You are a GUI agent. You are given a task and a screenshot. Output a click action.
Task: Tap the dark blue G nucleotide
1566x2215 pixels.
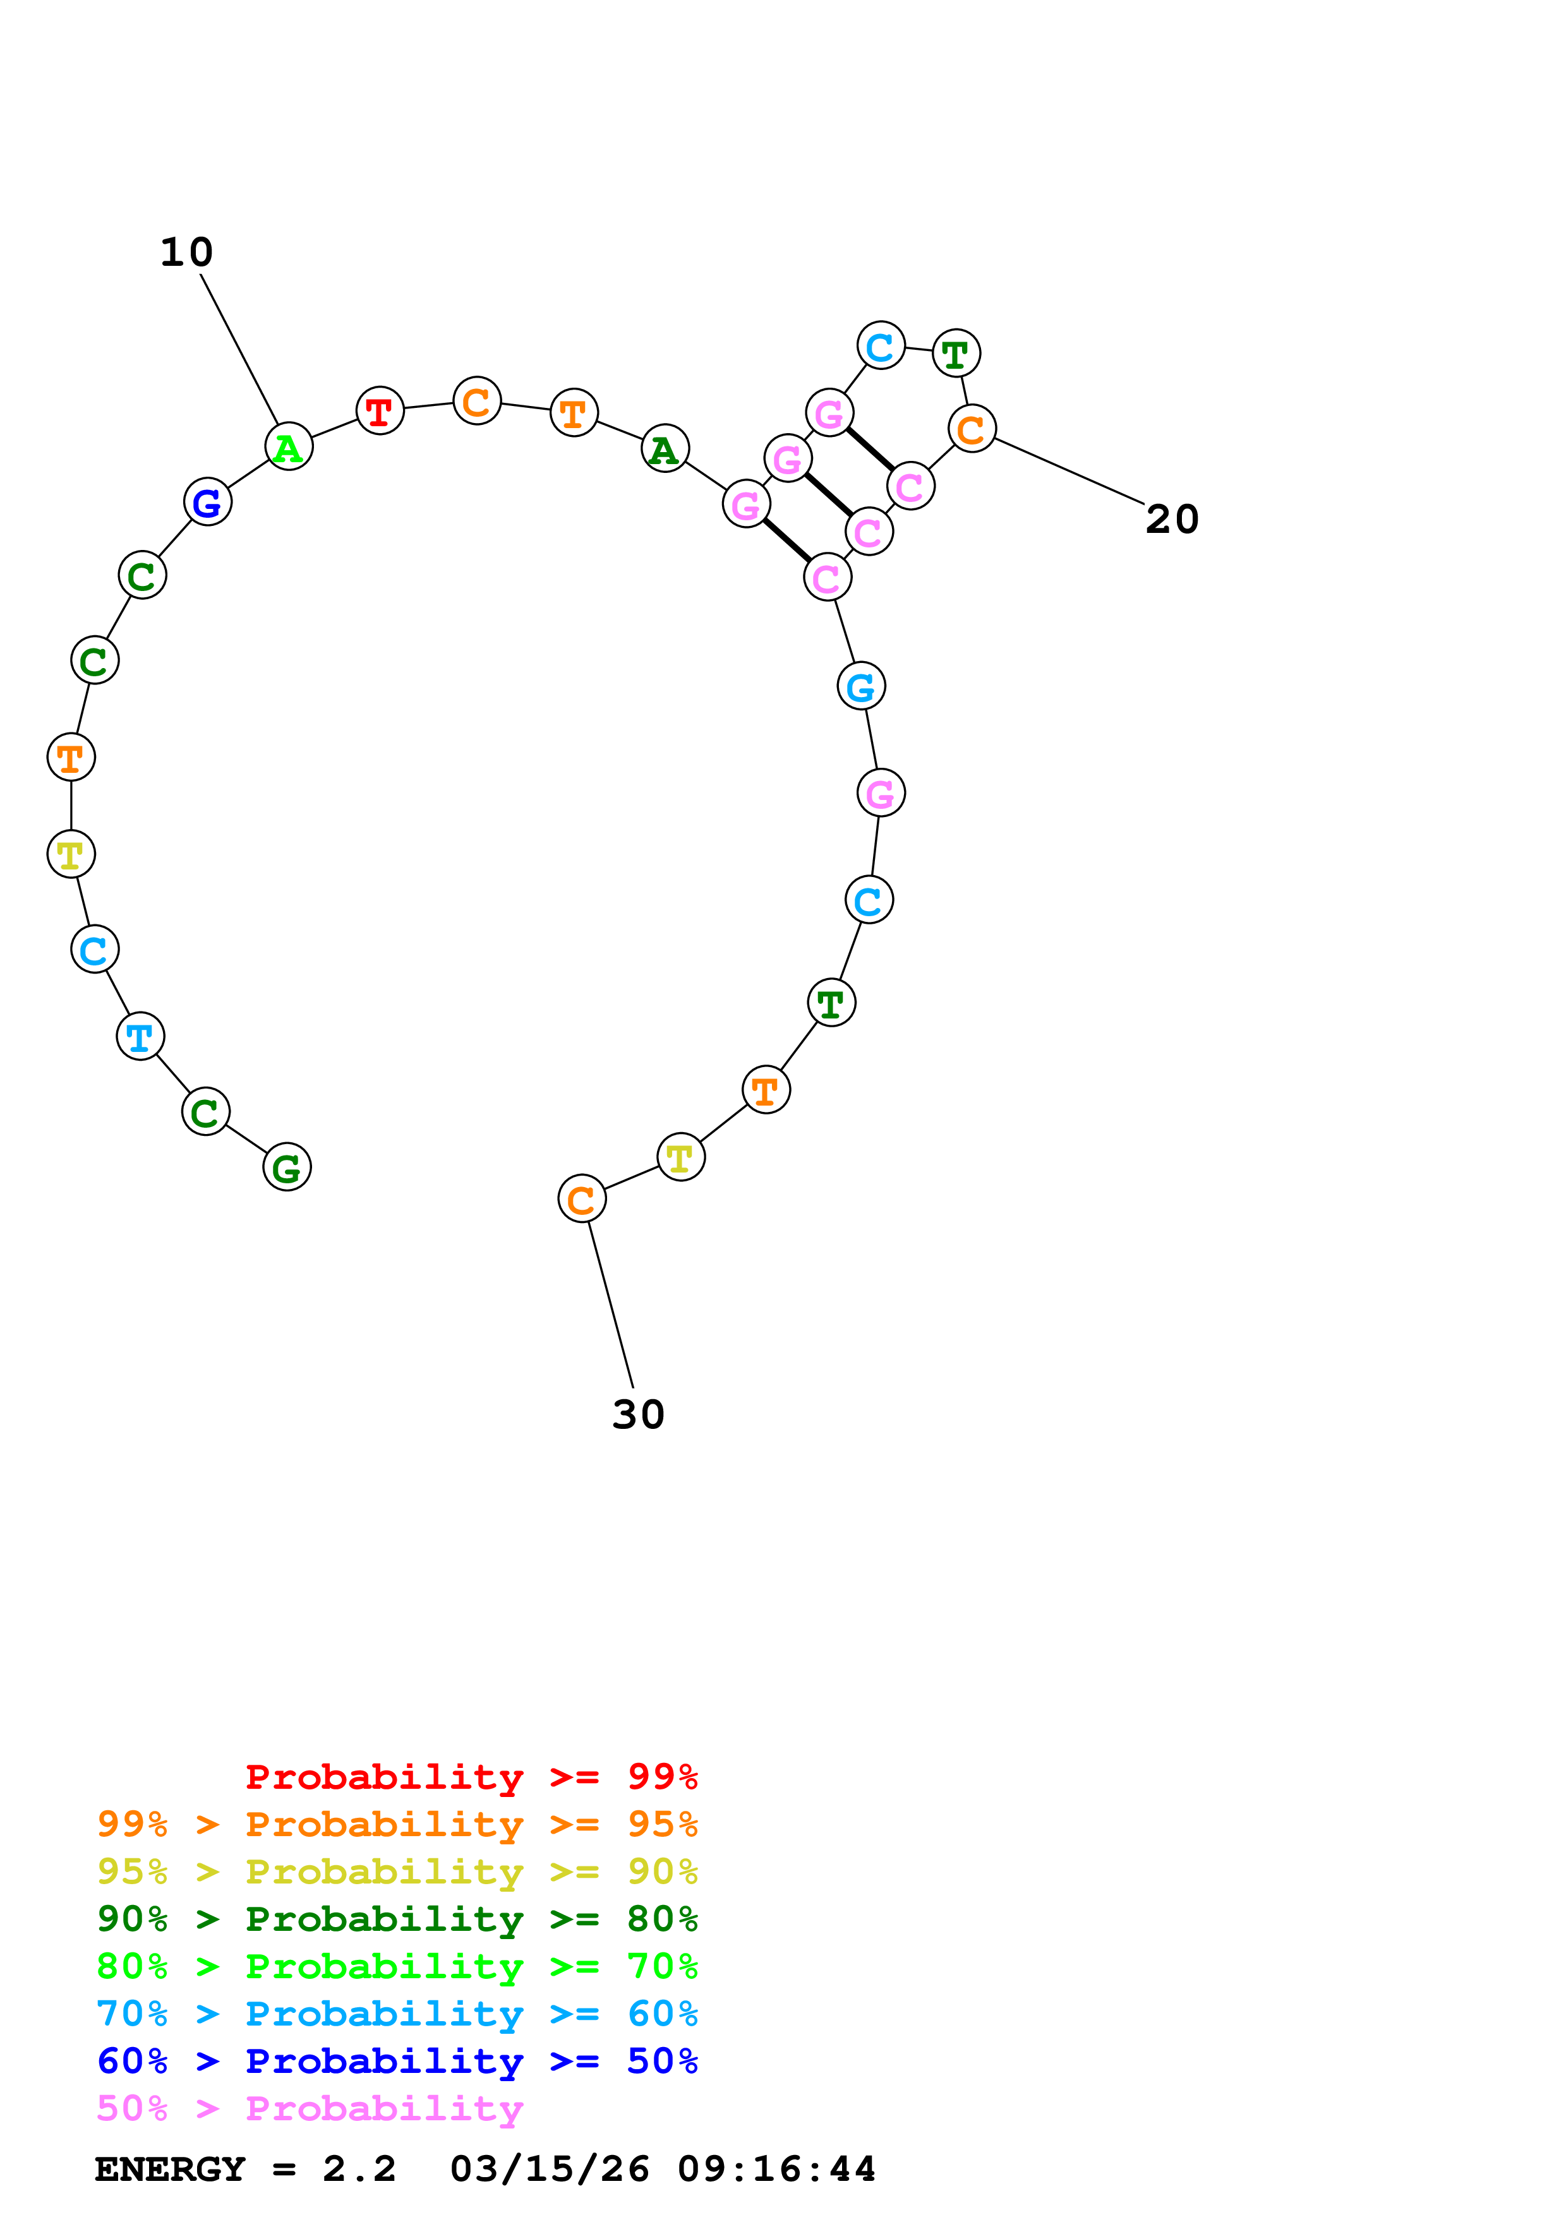207,501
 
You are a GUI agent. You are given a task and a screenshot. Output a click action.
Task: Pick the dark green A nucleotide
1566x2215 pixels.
665,448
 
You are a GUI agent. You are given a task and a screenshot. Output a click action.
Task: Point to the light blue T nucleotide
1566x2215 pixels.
140,1036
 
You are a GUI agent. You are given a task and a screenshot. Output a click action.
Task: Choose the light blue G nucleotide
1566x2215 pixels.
860,686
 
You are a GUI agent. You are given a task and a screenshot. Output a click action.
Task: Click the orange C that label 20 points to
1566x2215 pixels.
972,428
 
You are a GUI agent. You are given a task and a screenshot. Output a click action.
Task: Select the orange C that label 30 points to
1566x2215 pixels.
582,1199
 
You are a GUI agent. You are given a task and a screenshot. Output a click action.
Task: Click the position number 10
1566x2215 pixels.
186,253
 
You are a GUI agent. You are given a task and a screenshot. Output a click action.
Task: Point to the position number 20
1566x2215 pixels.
1171,519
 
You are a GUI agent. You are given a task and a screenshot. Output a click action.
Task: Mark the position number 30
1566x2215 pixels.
638,1414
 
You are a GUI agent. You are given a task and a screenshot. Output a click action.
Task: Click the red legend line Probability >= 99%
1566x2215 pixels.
471,1776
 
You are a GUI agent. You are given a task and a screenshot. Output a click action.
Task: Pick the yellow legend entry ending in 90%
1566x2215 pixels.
397,1871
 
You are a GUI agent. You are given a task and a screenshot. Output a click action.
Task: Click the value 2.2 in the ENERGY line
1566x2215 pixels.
359,2169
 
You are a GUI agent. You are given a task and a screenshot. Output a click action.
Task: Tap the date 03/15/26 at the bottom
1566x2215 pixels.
549,2169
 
